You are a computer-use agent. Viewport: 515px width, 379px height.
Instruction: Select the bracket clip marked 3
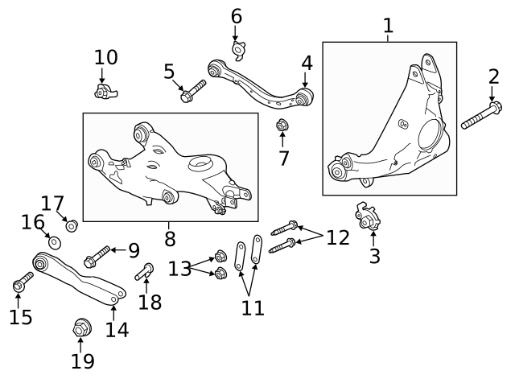[x=369, y=216]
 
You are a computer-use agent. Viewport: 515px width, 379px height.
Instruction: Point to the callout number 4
[x=307, y=63]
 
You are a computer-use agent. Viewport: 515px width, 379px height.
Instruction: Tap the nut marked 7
[x=282, y=126]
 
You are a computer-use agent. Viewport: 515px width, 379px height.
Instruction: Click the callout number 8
[x=169, y=238]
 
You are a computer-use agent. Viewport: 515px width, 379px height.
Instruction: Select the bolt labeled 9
[x=96, y=256]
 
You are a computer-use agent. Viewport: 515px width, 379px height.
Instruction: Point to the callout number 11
[x=253, y=307]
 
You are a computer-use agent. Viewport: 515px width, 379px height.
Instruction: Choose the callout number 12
[x=338, y=237]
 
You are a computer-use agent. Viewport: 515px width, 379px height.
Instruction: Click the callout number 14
[x=117, y=328]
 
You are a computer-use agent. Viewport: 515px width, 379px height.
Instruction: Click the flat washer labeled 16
[x=55, y=242]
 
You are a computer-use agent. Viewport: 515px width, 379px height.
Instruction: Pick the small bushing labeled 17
[x=71, y=225]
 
